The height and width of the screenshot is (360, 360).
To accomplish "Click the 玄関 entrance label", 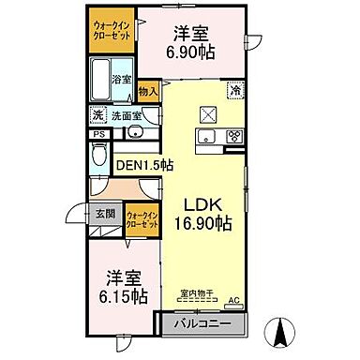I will (103, 214).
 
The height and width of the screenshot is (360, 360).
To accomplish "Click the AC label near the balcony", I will (235, 302).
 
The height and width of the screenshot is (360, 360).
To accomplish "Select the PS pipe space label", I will (97, 134).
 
